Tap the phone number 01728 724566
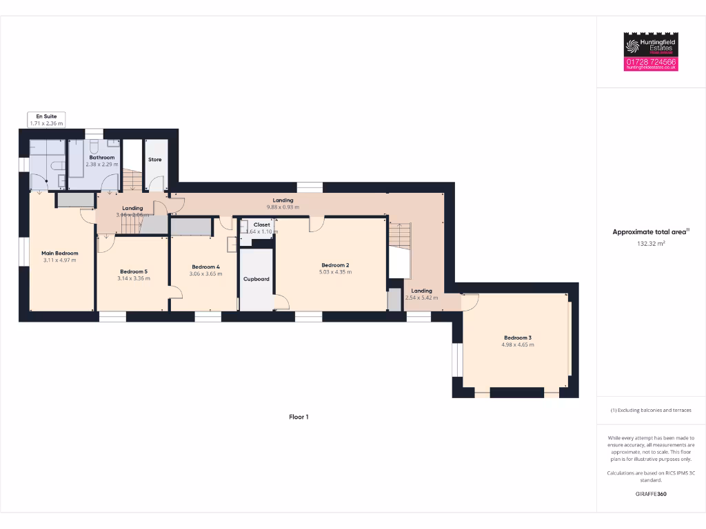tap(651, 61)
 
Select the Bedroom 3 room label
tap(517, 338)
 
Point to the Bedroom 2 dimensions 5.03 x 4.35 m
tap(335, 272)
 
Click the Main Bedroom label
tap(60, 253)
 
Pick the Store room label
tap(155, 160)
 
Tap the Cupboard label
tap(256, 279)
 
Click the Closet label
tap(262, 225)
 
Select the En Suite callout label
tap(46, 116)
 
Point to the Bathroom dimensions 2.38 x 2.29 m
tap(101, 165)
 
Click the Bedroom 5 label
tap(134, 271)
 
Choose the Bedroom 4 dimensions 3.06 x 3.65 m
tap(206, 274)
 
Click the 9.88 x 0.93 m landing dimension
tap(283, 207)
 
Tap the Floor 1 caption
tap(299, 417)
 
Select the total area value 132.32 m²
tap(650, 243)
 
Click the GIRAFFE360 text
tap(650, 494)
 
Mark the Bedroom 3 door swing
tap(470, 302)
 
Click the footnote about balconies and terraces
tap(650, 410)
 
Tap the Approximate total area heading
tap(650, 232)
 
